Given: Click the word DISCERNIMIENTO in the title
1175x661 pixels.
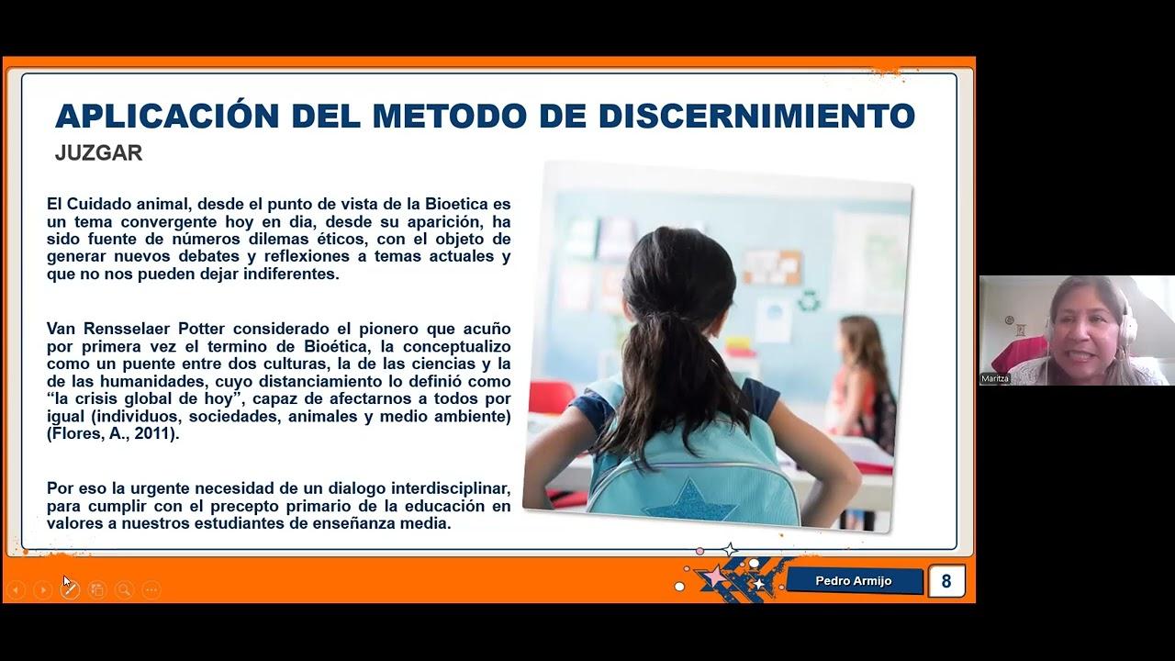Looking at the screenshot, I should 756,117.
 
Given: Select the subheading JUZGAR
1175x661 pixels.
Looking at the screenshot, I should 98,153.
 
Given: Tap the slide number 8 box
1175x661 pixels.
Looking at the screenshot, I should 946,581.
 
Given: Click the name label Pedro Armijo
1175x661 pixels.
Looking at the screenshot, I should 854,581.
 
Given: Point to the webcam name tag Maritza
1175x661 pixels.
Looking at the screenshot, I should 995,378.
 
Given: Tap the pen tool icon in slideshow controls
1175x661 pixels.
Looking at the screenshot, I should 70,590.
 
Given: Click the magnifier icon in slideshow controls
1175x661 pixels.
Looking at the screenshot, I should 124,590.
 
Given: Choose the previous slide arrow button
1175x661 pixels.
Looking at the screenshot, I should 16,590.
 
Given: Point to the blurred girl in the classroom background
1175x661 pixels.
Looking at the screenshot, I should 860,376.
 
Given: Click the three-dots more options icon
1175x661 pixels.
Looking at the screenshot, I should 151,590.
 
